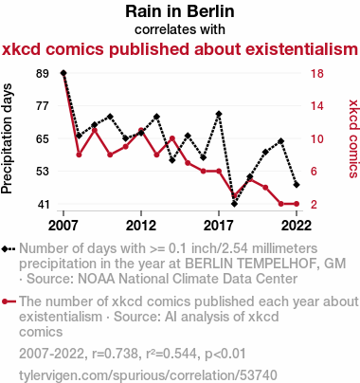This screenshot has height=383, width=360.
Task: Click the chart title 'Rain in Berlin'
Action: tap(180, 11)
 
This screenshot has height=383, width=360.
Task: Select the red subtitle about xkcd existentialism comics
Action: tap(180, 49)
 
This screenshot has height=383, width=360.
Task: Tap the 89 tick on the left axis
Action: tap(43, 73)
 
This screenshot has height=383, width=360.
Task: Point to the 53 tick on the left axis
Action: tap(43, 172)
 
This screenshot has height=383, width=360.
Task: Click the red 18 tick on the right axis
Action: tap(317, 73)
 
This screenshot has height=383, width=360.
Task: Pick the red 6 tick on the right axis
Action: tap(314, 172)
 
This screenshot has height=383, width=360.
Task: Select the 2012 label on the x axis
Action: tap(141, 226)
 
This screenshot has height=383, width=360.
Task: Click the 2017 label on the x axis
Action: tap(219, 226)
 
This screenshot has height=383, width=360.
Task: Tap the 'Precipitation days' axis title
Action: tap(7, 138)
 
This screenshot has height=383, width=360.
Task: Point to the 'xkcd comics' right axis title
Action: tap(353, 138)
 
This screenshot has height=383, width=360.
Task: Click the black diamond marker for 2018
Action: tap(234, 204)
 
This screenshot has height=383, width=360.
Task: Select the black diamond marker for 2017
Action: tap(219, 114)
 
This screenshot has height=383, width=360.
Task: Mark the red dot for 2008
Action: tap(79, 155)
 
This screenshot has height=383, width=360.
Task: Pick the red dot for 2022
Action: tap(297, 204)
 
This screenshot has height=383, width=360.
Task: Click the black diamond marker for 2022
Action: tap(297, 185)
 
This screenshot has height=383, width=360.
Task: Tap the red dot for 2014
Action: tap(172, 138)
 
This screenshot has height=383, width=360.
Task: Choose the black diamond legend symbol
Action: tap(9, 249)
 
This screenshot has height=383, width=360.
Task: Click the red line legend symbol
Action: tap(9, 301)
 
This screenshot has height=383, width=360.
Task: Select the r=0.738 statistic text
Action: tap(115, 354)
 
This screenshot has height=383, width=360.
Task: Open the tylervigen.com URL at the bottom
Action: tap(148, 375)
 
